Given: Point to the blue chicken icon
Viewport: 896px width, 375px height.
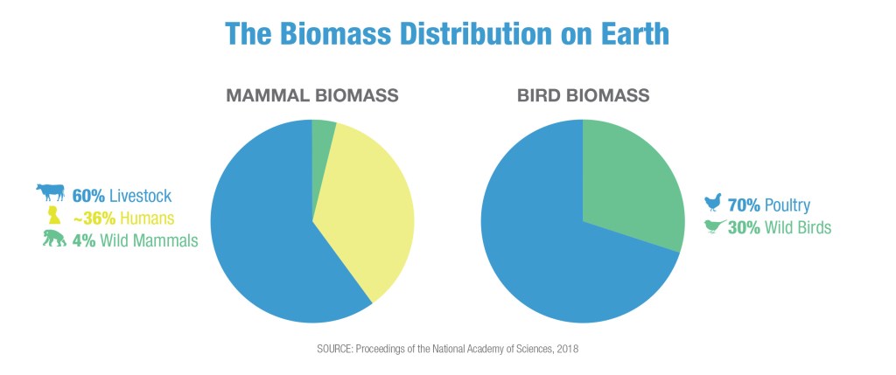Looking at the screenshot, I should [x=714, y=205].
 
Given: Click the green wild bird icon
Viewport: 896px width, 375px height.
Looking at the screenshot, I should [x=715, y=227].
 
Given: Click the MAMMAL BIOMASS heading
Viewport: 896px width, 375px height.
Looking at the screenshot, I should [x=312, y=95].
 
